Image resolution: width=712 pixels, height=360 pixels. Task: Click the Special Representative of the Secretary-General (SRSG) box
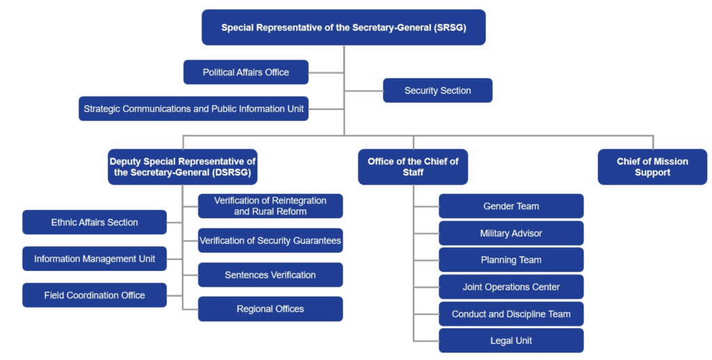point(343,28)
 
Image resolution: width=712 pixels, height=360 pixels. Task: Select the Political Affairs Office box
point(245,72)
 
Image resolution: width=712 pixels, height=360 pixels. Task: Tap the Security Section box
point(437,90)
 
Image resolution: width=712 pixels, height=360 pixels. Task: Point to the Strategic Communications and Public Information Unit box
point(193,108)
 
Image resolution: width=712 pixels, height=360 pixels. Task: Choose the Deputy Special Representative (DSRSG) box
point(182,167)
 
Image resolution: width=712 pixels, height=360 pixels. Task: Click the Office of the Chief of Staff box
point(412,167)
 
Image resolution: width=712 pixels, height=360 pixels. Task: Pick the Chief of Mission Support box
point(652,167)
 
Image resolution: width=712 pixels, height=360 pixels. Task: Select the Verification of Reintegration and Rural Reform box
point(270,206)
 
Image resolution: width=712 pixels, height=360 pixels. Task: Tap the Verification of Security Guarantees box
point(270,240)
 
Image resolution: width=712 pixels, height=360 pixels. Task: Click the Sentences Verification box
point(270,275)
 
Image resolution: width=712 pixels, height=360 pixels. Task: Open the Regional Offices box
point(270,309)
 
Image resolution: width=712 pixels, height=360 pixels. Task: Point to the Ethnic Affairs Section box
point(95,222)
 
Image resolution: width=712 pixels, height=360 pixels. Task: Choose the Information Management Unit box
point(95,259)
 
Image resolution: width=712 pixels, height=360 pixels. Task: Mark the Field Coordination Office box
point(95,295)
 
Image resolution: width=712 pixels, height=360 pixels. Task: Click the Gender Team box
point(511,206)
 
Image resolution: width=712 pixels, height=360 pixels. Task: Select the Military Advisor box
point(511,233)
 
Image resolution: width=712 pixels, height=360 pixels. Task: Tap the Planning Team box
point(511,260)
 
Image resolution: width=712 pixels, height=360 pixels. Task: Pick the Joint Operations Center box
point(511,286)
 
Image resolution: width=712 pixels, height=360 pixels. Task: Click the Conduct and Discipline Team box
point(511,313)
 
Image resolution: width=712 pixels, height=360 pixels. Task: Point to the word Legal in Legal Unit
point(501,341)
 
